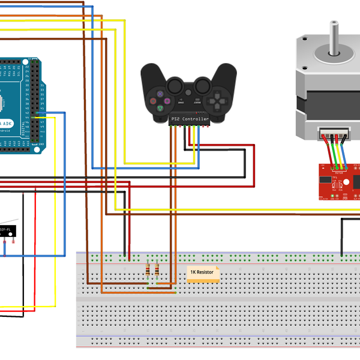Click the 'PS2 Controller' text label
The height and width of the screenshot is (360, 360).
tap(190, 119)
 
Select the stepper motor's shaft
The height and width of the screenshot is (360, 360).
tap(331, 42)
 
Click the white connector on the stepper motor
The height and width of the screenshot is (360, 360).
tap(333, 134)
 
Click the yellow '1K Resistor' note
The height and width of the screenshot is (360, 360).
tap(203, 273)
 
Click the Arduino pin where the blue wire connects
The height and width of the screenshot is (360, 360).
tap(37, 112)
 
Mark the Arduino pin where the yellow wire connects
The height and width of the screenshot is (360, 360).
tap(37, 118)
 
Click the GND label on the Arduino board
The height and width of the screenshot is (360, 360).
tap(41, 145)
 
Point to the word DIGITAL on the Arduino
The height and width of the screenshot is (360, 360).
tap(23, 127)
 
